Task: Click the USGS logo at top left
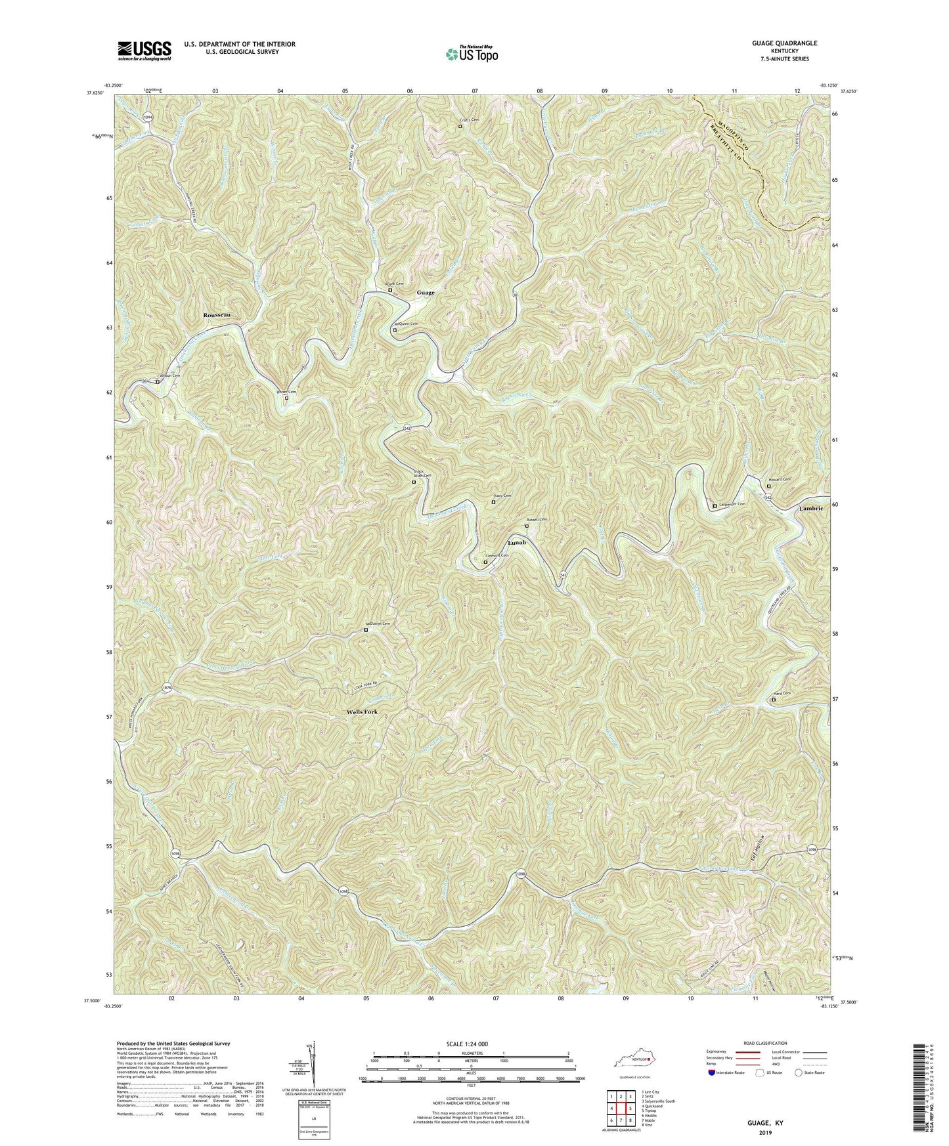tap(144, 50)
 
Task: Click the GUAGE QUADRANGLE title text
tap(781, 43)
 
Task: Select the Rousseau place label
tap(217, 316)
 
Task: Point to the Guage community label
tap(425, 293)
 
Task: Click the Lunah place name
tap(517, 543)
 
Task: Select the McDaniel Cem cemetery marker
tap(366, 631)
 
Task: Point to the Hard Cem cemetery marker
tap(773, 700)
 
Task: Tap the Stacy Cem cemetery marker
tap(494, 503)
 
